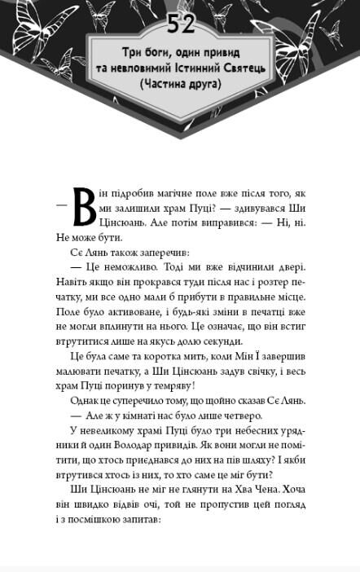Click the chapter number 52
pyautogui.click(x=181, y=24)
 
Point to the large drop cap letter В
pyautogui.click(x=84, y=206)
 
